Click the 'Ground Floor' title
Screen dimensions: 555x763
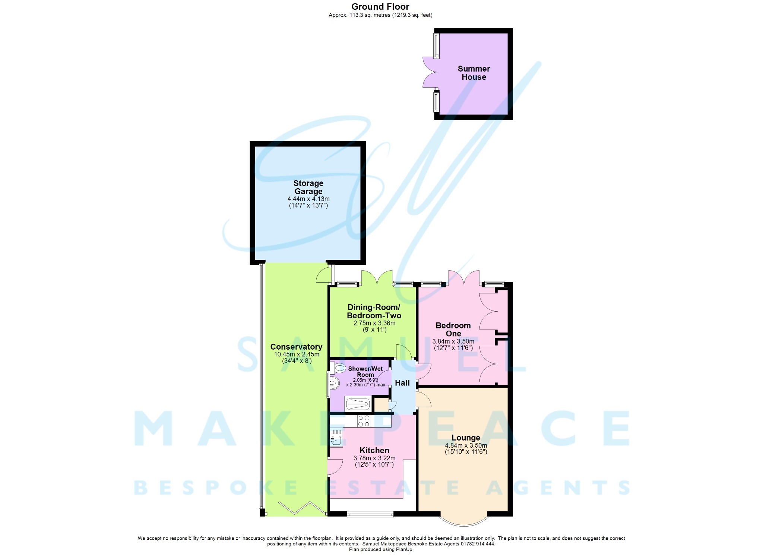380,7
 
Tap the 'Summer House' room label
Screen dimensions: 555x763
474,73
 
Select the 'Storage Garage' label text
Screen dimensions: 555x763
308,187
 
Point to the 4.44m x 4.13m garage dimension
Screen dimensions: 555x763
308,199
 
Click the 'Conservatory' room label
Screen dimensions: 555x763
296,347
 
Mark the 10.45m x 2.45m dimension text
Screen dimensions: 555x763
297,354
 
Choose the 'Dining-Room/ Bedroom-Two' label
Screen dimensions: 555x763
374,311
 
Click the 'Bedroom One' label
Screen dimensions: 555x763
453,329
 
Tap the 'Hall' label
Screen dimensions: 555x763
402,383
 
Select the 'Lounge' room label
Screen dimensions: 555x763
466,438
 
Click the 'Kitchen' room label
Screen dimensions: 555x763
374,450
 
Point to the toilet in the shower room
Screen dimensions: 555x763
339,369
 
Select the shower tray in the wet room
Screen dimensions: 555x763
358,404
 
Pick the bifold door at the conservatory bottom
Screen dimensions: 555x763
302,508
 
